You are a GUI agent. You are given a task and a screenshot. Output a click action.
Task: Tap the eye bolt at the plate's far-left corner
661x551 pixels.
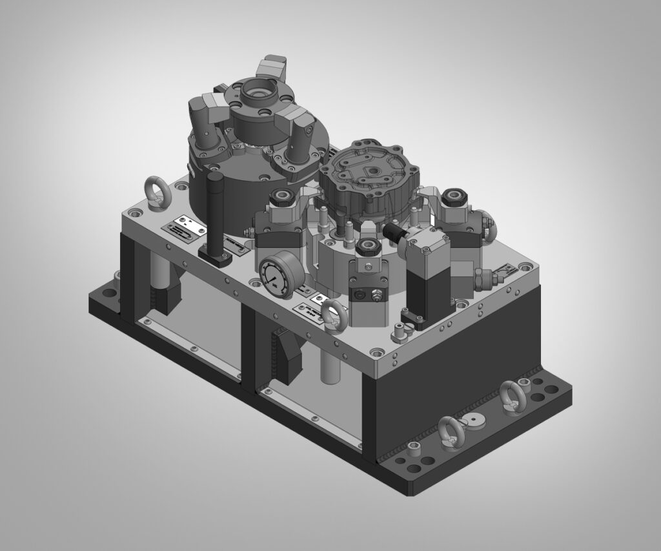coord(158,192)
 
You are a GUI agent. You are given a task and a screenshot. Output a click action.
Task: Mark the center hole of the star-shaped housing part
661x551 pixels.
coord(372,170)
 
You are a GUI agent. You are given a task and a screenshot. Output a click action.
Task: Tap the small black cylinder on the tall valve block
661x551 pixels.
coord(392,231)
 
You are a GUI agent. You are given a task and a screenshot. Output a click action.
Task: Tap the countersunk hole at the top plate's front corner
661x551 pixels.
coord(375,353)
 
